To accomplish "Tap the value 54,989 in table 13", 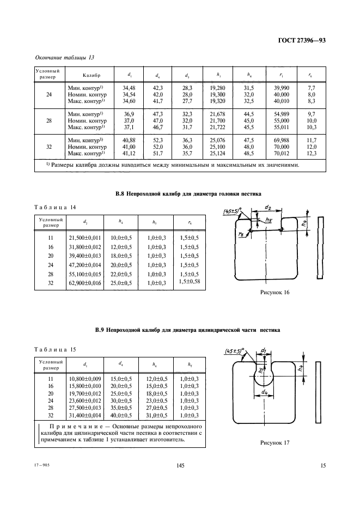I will pos(282,114).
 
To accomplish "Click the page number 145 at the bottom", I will pos(181,465).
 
